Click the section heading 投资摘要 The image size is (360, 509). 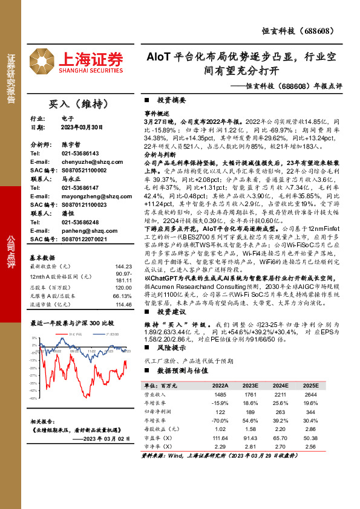(171, 101)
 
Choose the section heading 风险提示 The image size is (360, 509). (171, 348)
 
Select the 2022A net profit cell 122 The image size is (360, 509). (220, 410)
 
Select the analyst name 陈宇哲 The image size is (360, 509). (71, 144)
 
